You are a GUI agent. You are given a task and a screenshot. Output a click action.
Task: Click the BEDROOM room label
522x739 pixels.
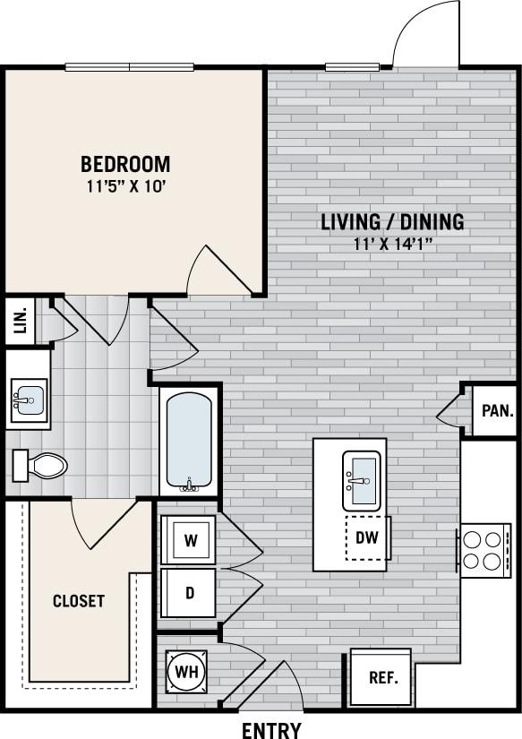click(x=125, y=164)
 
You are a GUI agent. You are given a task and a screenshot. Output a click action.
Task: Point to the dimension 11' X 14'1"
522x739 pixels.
click(x=392, y=245)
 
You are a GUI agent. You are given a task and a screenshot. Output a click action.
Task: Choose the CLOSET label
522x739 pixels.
click(x=78, y=601)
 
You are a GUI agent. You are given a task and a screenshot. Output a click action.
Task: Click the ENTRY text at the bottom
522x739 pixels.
click(x=271, y=730)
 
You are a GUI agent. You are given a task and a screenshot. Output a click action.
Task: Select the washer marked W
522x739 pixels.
click(x=189, y=540)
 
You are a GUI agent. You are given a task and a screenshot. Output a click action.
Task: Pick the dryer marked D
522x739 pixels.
click(x=189, y=593)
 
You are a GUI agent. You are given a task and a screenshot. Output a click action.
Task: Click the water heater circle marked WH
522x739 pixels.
click(x=186, y=671)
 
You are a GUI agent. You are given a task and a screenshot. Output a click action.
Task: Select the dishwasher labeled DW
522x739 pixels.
click(x=367, y=538)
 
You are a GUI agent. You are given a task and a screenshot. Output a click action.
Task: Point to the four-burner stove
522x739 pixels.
click(x=484, y=551)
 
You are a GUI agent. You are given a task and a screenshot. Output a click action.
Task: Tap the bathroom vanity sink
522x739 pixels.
click(x=29, y=399)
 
